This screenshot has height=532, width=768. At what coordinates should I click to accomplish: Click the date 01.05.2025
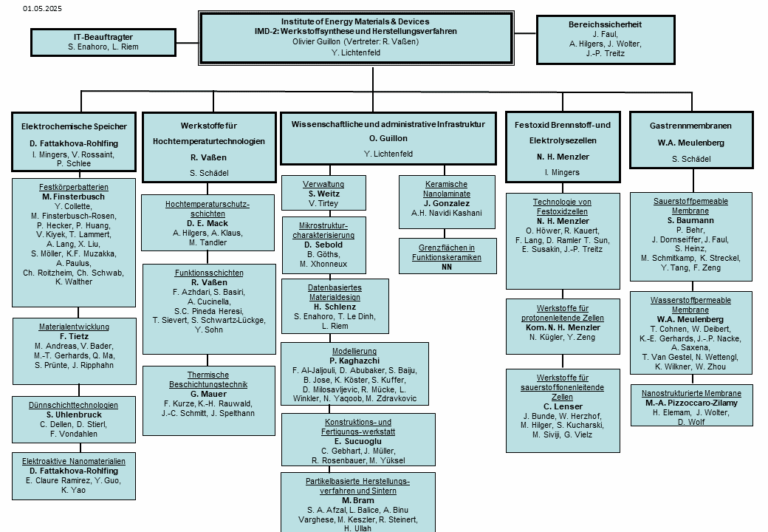tap(42, 8)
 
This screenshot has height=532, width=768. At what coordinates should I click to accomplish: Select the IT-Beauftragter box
tap(103, 42)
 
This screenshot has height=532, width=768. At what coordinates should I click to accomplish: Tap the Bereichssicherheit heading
tap(605, 24)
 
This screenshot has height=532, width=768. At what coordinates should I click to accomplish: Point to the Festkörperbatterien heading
tap(73, 187)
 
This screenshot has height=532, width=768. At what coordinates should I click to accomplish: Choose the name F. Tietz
tap(74, 336)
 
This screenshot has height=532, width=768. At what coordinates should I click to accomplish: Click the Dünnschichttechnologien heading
tap(73, 405)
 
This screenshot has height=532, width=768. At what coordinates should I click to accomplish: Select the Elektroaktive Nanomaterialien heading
tap(73, 462)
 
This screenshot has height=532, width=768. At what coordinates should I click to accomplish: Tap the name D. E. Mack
tap(208, 223)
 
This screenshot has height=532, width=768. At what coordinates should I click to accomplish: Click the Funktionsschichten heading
tap(209, 273)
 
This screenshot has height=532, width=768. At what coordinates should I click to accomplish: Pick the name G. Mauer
tap(208, 395)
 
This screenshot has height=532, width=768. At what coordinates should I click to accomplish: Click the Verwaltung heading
tap(323, 184)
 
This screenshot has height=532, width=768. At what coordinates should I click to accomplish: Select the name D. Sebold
tap(323, 245)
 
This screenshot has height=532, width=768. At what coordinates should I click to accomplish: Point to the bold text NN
tap(446, 267)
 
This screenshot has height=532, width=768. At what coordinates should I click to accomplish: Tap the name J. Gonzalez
tap(447, 203)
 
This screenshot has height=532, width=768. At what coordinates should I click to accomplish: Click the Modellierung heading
tap(354, 351)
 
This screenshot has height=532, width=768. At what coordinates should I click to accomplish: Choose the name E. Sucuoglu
tap(357, 441)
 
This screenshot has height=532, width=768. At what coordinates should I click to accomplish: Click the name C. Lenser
tap(563, 406)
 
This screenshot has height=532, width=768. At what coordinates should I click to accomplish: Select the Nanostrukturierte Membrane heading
tap(691, 393)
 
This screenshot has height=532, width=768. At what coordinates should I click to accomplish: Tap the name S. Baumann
tap(690, 220)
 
